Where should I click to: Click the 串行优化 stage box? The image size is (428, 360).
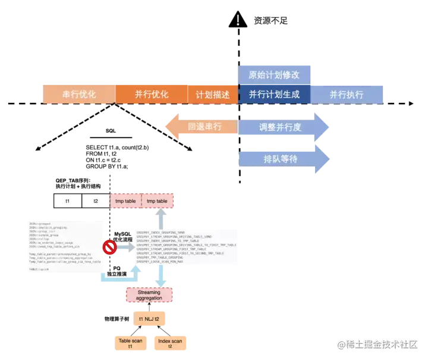tap(79, 94)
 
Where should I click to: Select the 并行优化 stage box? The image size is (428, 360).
tap(152, 94)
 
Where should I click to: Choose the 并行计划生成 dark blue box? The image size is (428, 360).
tap(274, 94)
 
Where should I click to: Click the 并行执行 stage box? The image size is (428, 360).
tap(347, 94)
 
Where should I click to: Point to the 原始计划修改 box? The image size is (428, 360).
tap(274, 75)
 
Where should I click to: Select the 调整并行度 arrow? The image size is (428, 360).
tap(282, 127)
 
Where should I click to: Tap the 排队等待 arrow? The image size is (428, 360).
tap(282, 159)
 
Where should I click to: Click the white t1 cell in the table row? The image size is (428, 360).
tap(68, 201)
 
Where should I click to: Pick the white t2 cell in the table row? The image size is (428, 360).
tap(96, 201)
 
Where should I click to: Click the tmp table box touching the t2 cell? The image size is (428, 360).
tap(125, 201)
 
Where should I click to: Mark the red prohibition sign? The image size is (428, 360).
tap(109, 245)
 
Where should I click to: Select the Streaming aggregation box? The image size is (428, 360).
tap(150, 295)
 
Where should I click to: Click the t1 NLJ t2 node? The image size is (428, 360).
tap(150, 319)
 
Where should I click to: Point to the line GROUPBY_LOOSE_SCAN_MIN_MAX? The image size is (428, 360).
tap(168, 262)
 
